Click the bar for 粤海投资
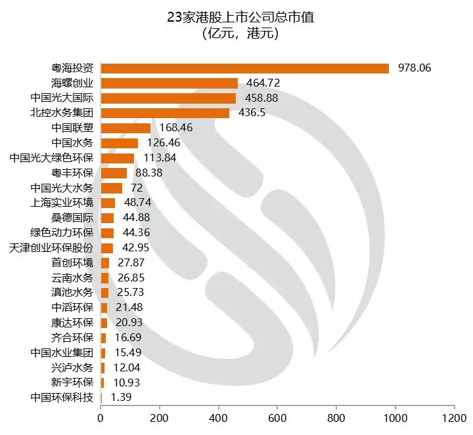[244, 68]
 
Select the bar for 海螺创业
[169, 83]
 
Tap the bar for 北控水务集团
[165, 113]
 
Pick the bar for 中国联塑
[125, 128]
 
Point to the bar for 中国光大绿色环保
[118, 158]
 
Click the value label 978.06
[415, 68]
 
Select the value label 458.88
[259, 98]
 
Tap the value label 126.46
[161, 143]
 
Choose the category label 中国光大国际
[62, 98]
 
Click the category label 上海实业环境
[62, 203]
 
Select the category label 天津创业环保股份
[52, 247]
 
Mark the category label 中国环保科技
[62, 398]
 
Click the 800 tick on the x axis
[336, 417]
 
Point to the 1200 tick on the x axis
[454, 417]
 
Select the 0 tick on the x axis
[101, 417]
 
